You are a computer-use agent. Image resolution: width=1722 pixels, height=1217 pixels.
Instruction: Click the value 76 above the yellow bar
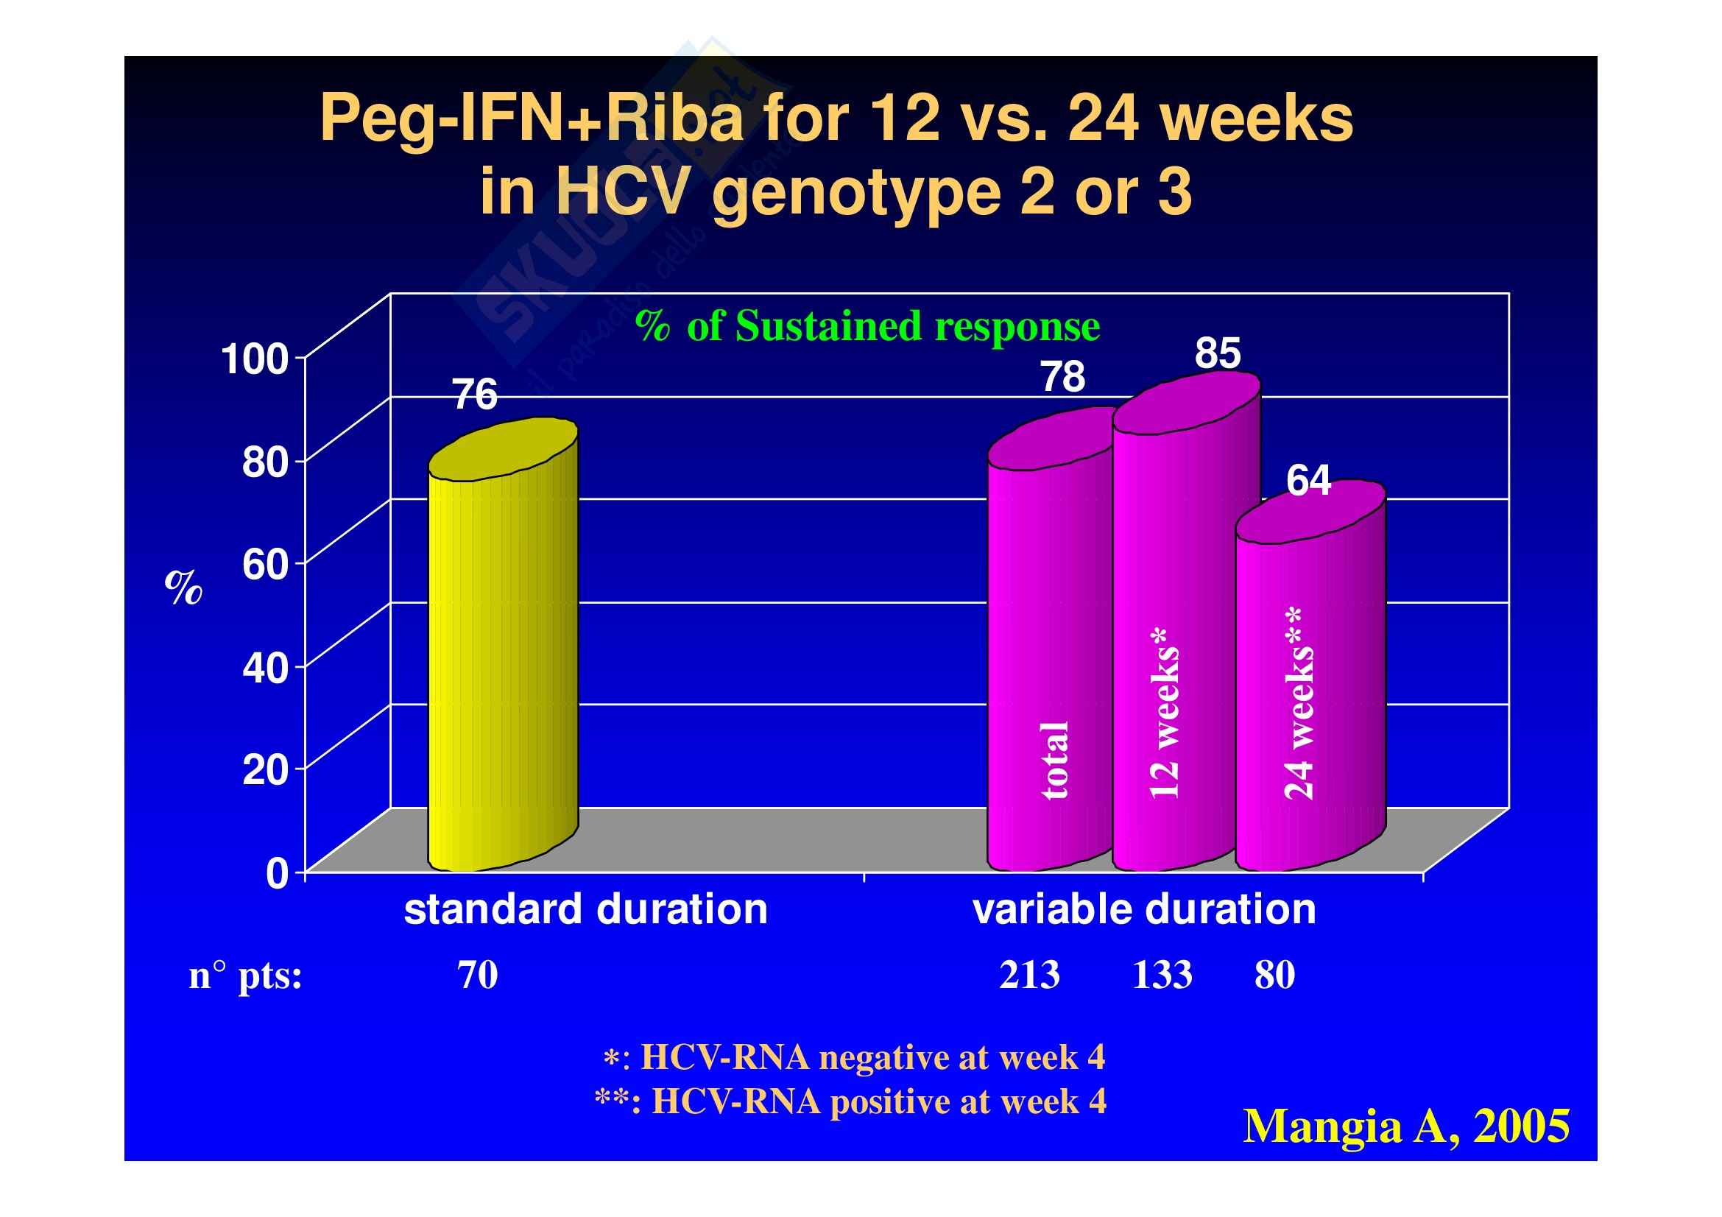coord(476,395)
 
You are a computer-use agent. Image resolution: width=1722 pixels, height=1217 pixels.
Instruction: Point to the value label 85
coord(1217,353)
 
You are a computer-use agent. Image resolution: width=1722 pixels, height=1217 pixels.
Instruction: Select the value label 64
coord(1309,481)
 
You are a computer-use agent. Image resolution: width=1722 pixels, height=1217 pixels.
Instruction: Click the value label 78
coord(1063,377)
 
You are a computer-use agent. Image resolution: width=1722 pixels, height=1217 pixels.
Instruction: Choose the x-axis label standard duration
coord(586,909)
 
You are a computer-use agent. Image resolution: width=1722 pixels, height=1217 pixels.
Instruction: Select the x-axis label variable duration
coord(1144,909)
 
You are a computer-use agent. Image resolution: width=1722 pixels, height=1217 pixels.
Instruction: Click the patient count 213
coord(1029,975)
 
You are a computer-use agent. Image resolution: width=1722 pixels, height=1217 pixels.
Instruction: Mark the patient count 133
coord(1162,975)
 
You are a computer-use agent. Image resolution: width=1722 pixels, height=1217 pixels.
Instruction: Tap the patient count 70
coord(478,975)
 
